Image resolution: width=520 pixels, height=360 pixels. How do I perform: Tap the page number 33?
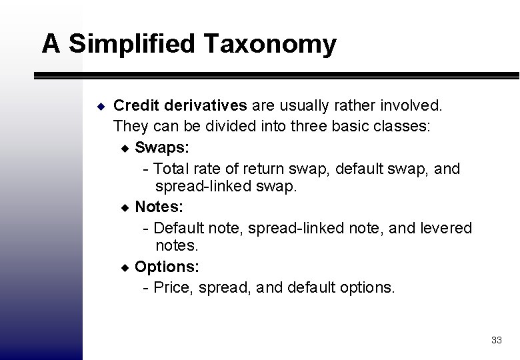pyautogui.click(x=496, y=340)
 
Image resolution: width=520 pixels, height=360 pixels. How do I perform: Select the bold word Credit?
pyautogui.click(x=136, y=105)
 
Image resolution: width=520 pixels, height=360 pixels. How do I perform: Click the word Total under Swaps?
pyautogui.click(x=173, y=169)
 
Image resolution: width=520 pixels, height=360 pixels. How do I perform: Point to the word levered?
pyautogui.click(x=445, y=228)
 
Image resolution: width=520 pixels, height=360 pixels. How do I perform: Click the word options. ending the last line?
pyautogui.click(x=367, y=287)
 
